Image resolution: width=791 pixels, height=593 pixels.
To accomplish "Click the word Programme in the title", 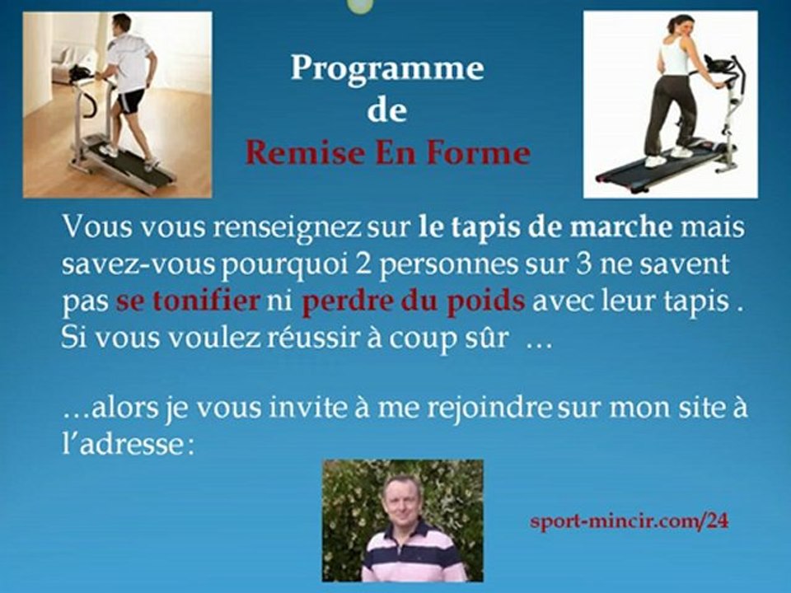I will coord(386,68).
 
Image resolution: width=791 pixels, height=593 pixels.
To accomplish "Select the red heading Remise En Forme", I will coord(387,153).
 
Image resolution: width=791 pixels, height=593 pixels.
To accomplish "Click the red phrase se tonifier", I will coord(188,301).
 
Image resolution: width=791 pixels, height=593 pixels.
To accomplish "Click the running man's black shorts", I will coord(132,101).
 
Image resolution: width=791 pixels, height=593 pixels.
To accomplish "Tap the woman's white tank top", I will coord(673,58).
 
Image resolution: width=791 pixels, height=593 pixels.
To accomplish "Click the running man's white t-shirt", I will coord(130,62).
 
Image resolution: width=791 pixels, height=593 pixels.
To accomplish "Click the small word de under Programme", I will coord(386,111).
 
